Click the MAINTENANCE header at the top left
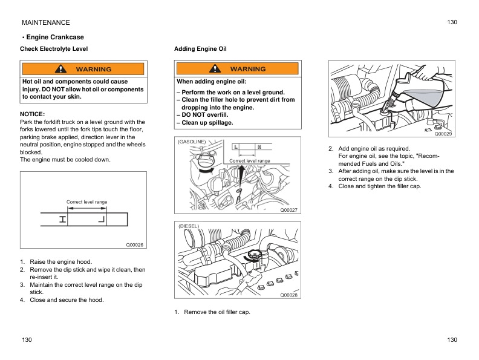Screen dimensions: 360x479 (45, 22)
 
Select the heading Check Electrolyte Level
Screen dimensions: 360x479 (54, 48)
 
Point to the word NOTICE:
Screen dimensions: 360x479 (33, 114)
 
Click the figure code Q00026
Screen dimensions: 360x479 (134, 245)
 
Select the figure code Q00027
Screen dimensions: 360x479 (288, 209)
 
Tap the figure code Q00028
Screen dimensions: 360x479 (288, 295)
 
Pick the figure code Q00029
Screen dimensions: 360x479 (443, 134)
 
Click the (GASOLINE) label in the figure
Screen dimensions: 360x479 (192, 142)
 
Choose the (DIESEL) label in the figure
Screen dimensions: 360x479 (188, 226)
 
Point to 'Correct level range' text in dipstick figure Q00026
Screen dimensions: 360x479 (86, 201)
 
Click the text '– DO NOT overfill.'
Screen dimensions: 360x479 (202, 115)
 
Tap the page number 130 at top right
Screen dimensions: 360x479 (452, 22)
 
